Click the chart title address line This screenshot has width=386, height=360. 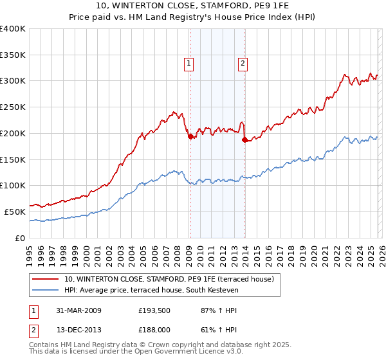click(192, 6)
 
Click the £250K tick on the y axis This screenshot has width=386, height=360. click(13, 107)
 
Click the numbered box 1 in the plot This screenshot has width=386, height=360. click(189, 63)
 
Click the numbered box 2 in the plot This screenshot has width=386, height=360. click(243, 63)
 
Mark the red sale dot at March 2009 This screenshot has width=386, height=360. click(190, 136)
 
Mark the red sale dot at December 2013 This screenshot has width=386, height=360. click(244, 139)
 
